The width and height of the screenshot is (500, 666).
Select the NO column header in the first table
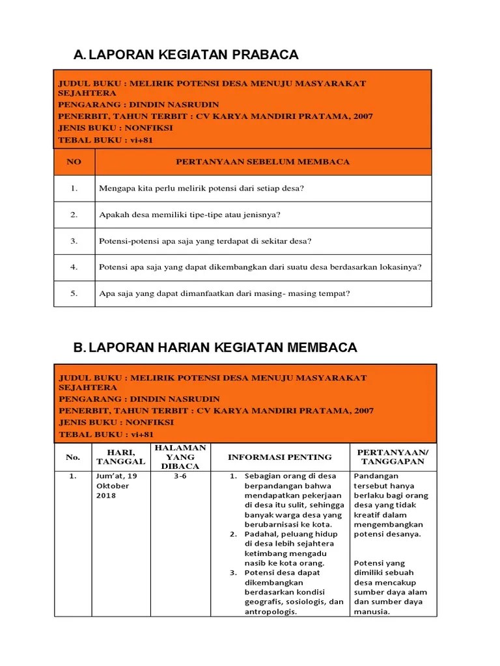click(74, 162)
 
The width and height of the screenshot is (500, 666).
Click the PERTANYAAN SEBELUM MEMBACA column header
click(263, 162)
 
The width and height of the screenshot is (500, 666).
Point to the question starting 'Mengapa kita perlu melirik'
click(201, 189)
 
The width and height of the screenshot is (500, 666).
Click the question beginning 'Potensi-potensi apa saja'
click(205, 241)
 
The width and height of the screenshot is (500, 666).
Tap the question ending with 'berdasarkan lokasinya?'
click(260, 267)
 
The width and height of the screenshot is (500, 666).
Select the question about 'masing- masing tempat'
click(224, 293)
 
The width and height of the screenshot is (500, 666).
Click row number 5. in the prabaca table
click(74, 293)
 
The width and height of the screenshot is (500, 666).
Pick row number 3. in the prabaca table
click(74, 241)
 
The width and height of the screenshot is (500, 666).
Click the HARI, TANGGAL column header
click(120, 457)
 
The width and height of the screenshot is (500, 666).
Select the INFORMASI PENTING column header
click(279, 457)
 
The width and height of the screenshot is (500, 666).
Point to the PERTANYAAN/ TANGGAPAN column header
click(393, 457)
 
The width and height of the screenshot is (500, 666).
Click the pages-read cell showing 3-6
click(180, 476)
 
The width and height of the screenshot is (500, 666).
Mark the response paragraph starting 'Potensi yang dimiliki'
click(389, 587)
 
